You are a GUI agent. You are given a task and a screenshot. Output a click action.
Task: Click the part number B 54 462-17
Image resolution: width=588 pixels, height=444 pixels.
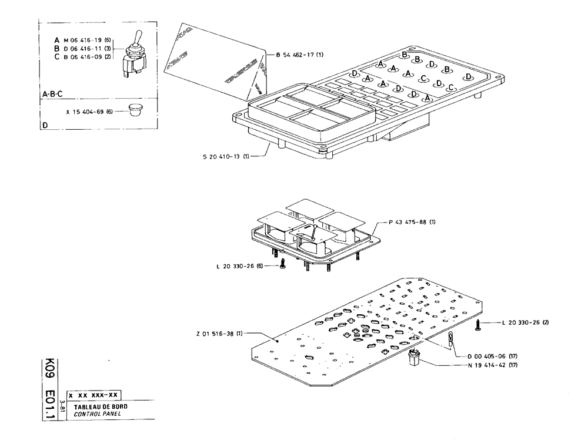(x=299, y=55)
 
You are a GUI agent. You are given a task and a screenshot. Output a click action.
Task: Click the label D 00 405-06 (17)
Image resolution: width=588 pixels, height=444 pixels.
(x=493, y=356)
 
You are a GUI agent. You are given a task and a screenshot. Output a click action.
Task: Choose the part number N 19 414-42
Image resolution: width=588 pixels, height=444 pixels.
(x=493, y=364)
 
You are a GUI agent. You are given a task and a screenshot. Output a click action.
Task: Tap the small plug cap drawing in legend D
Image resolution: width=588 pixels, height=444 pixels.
(x=136, y=110)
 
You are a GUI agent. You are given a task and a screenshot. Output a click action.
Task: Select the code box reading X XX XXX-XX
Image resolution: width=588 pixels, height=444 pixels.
(x=95, y=395)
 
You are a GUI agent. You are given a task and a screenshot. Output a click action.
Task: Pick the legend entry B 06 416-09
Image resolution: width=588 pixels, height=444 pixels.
(x=82, y=57)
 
